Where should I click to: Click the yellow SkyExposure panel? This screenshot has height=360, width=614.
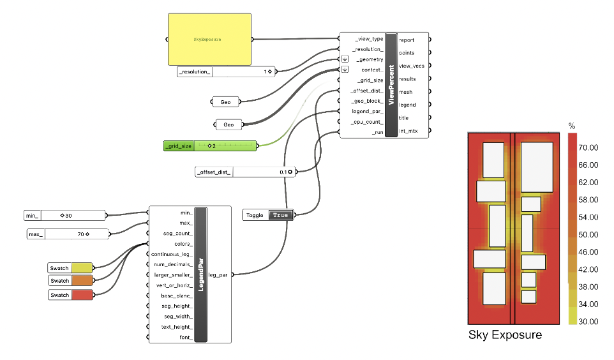pyautogui.click(x=209, y=39)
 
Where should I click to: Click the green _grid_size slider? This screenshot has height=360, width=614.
pyautogui.click(x=210, y=146)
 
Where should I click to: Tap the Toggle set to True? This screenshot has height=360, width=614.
pyautogui.click(x=267, y=215)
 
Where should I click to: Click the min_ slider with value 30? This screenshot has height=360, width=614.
pyautogui.click(x=64, y=216)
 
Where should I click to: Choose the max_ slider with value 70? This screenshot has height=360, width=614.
pyautogui.click(x=67, y=234)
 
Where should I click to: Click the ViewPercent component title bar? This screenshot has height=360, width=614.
pyautogui.click(x=391, y=85)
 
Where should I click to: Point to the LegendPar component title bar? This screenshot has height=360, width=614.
pyautogui.click(x=202, y=274)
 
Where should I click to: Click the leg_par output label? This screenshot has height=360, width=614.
pyautogui.click(x=219, y=274)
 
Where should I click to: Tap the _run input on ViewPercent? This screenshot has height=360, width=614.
pyautogui.click(x=377, y=131)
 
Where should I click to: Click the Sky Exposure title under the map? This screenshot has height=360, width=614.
pyautogui.click(x=505, y=335)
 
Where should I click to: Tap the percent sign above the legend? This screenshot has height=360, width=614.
pyautogui.click(x=572, y=126)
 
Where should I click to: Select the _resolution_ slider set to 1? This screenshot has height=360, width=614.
pyautogui.click(x=227, y=71)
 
